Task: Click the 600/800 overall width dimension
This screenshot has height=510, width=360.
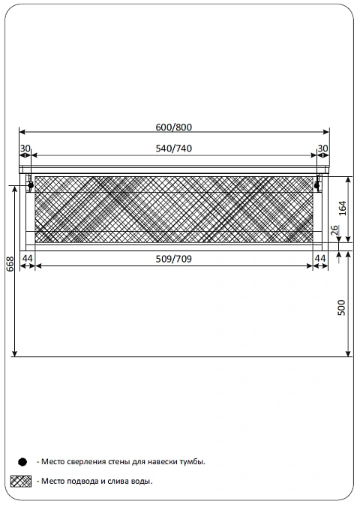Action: pyautogui.click(x=174, y=127)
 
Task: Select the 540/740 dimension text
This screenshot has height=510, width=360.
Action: pyautogui.click(x=174, y=148)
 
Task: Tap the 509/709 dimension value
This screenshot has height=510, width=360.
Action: pyautogui.click(x=174, y=259)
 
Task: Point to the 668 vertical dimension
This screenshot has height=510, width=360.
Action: pyautogui.click(x=10, y=264)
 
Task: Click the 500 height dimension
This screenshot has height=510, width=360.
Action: pyautogui.click(x=342, y=307)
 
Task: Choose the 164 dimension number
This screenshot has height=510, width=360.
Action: pyautogui.click(x=343, y=208)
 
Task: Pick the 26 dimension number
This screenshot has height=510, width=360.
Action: pyautogui.click(x=335, y=230)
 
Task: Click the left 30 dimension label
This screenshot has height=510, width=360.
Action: pyautogui.click(x=25, y=148)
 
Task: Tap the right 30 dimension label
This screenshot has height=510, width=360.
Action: pyautogui.click(x=322, y=148)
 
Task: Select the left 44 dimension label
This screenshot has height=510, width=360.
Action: pyautogui.click(x=28, y=259)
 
